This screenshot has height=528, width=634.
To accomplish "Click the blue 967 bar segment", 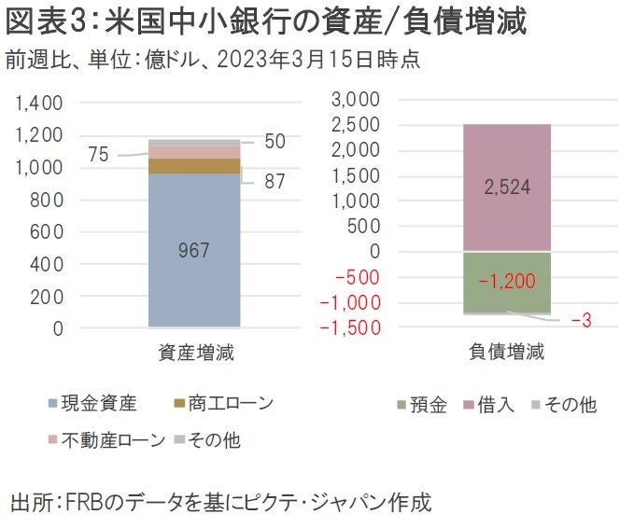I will coord(195,250).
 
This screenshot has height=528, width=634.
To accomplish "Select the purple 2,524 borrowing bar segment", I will coord(507,187).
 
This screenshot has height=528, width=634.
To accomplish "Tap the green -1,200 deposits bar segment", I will coord(507,282).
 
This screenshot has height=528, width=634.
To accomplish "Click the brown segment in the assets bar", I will coord(195,166).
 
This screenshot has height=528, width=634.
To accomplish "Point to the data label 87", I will coord(274,182).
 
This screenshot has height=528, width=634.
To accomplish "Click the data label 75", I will coord(99,155).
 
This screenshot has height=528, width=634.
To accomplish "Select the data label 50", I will coord(274,142).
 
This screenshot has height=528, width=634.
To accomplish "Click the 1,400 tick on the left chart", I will coord(39,103).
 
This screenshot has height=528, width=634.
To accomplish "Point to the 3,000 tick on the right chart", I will coord(356,100).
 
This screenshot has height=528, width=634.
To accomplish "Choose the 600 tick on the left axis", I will coord(46,232).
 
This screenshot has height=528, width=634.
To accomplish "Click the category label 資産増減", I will coord(195,354).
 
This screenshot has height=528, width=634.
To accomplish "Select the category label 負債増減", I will coord(506,354).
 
